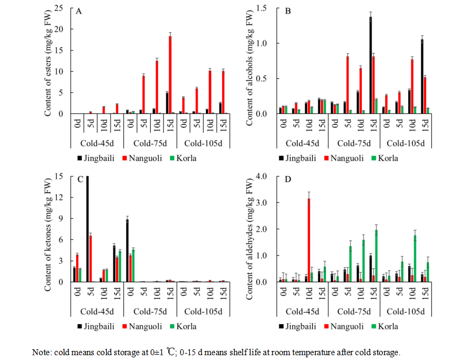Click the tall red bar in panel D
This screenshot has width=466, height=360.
click(x=308, y=240)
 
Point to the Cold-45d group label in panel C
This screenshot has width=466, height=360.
click(x=97, y=311)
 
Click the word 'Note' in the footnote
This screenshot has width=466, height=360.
click(x=41, y=352)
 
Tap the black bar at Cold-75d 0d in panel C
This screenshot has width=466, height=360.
click(x=127, y=251)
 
